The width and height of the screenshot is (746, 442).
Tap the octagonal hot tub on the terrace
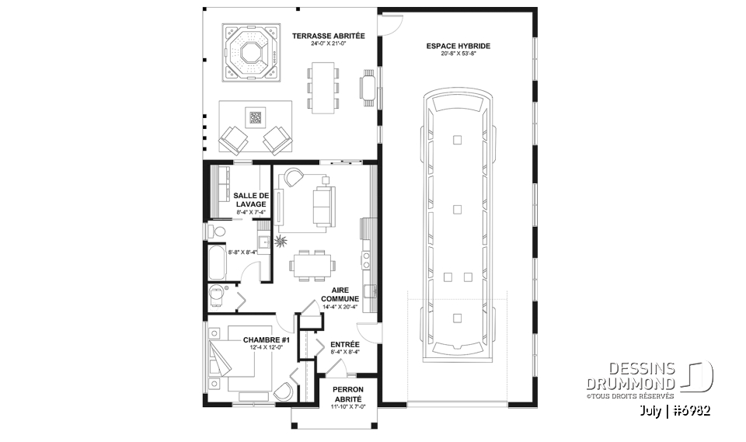(x=250, y=52)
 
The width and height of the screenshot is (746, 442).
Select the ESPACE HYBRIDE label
(x=458, y=46)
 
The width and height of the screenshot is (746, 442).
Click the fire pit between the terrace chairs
(x=255, y=118)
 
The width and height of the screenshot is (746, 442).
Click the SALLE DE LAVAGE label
(x=250, y=200)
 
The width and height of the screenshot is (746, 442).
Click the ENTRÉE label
(x=344, y=343)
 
